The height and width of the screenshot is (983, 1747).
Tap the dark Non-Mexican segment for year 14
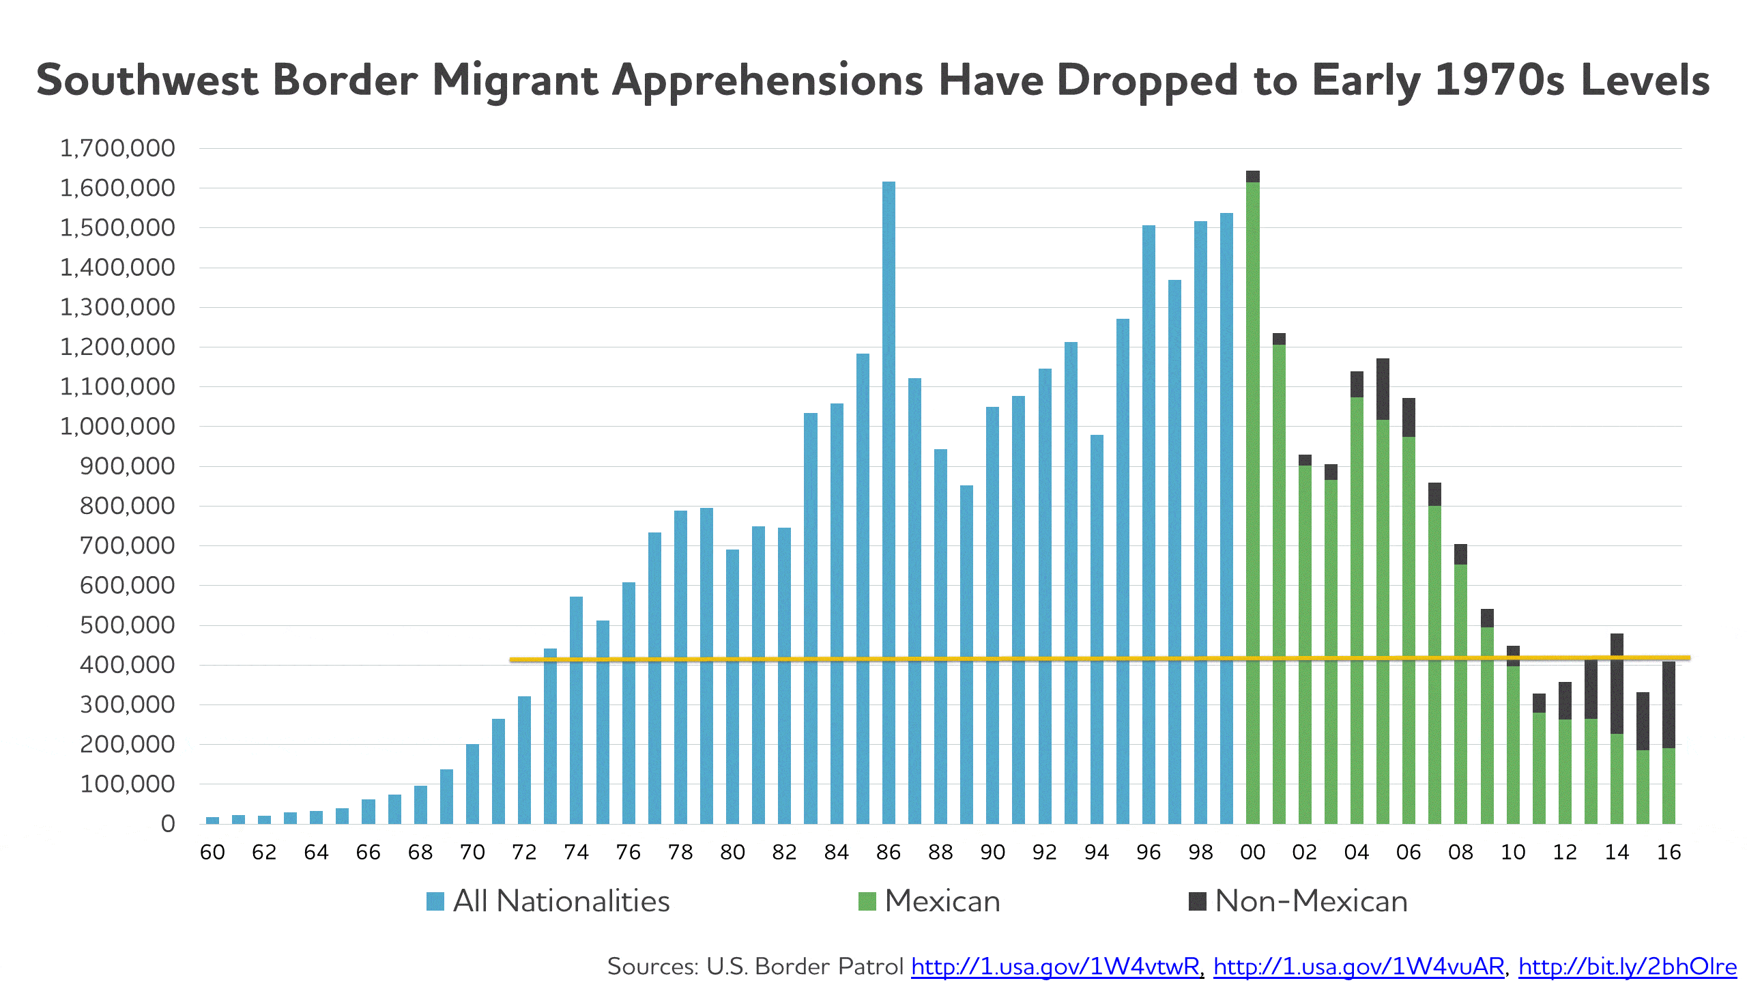pyautogui.click(x=1617, y=683)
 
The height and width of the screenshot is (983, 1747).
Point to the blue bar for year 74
pyautogui.click(x=577, y=710)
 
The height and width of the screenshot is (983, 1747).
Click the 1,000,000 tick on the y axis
pyautogui.click(x=117, y=427)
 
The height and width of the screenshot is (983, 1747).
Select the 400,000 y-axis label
pyautogui.click(x=128, y=665)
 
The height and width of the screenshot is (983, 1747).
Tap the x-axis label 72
pyautogui.click(x=524, y=853)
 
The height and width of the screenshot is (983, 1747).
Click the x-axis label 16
pyautogui.click(x=1669, y=853)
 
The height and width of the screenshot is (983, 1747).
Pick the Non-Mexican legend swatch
pyautogui.click(x=1198, y=901)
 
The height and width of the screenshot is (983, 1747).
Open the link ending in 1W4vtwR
pyautogui.click(x=1055, y=967)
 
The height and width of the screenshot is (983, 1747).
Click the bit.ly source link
pyautogui.click(x=1627, y=967)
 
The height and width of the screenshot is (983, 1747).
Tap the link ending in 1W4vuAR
pyautogui.click(x=1358, y=967)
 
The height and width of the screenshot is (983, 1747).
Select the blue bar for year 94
pyautogui.click(x=1097, y=628)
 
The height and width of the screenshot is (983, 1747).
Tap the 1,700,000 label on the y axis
pyautogui.click(x=117, y=148)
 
